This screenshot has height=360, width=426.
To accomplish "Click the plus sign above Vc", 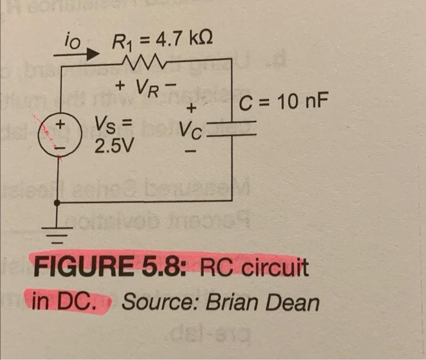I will tap(191, 109).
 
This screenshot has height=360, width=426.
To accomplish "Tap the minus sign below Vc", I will tap(192, 149).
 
